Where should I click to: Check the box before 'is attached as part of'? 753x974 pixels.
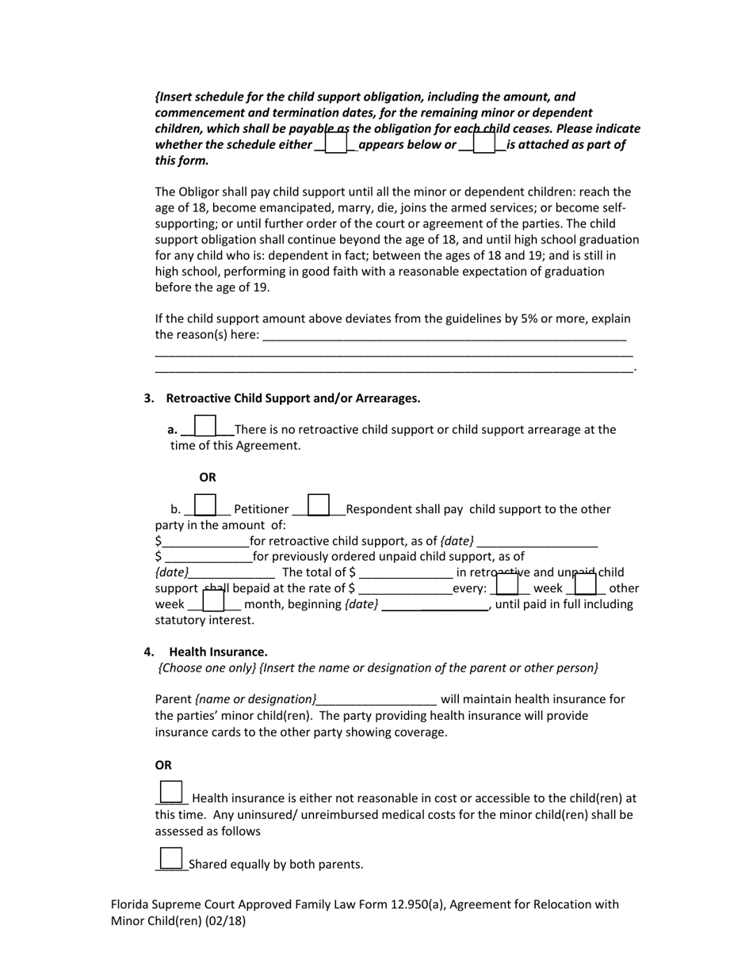(484, 143)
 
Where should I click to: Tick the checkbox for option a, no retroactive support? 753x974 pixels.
(205, 426)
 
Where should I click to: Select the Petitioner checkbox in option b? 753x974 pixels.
(205, 505)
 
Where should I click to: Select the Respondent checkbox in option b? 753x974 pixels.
(319, 505)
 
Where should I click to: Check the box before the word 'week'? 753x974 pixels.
(507, 584)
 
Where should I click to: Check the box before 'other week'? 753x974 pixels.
(585, 584)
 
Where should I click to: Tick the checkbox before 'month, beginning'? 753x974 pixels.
(214, 601)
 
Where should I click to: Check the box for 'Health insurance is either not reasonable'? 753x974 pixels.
(171, 793)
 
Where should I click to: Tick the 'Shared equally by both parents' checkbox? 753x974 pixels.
(171, 858)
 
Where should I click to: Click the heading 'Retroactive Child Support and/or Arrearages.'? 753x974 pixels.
(293, 398)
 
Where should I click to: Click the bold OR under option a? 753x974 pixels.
(208, 477)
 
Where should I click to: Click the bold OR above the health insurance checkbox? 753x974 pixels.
(163, 765)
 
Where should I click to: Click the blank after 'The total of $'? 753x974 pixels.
(406, 573)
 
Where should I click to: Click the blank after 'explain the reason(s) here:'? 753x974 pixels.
(444, 336)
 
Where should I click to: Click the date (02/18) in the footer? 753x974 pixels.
(227, 921)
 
